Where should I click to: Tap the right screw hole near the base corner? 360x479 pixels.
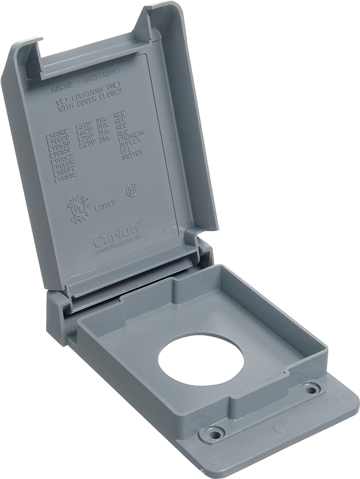(310, 390)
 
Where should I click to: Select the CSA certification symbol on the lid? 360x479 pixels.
(130, 190)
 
